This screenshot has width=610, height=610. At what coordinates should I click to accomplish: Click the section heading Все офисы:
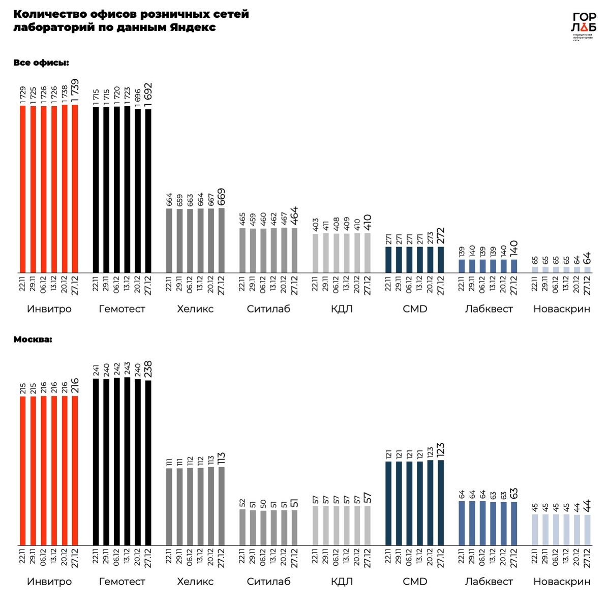[41, 63]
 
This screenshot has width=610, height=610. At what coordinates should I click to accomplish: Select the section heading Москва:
[33, 339]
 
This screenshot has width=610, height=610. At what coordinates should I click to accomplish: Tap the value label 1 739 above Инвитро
[75, 91]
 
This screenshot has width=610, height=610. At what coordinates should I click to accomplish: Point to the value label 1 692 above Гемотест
[148, 95]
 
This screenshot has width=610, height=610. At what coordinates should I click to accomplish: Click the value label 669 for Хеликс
[221, 197]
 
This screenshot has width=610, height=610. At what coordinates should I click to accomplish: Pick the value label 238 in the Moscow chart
[148, 370]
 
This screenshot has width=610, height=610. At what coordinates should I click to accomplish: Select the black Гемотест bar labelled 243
[127, 462]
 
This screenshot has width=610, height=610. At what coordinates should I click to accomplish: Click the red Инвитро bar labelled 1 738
[65, 189]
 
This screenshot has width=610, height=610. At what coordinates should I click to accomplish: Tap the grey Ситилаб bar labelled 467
[284, 250]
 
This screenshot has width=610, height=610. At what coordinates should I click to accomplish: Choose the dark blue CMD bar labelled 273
[430, 259]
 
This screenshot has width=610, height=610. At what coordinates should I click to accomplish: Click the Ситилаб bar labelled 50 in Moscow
[263, 528]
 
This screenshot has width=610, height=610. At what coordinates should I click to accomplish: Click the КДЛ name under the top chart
[341, 309]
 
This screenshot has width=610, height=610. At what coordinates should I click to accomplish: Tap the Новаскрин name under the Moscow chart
[562, 582]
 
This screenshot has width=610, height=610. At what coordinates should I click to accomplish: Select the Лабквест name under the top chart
[489, 309]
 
